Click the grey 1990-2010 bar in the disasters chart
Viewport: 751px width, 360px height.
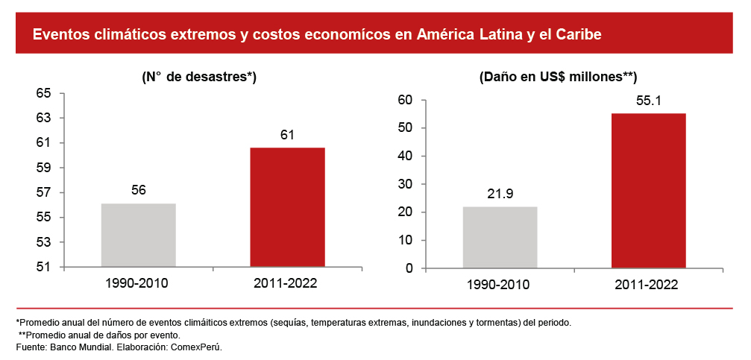139,235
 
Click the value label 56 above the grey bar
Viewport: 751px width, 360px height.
139,190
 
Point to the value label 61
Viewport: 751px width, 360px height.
287,135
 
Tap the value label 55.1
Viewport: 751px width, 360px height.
648,100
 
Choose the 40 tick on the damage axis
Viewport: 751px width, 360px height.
406,156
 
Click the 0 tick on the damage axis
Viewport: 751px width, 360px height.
409,268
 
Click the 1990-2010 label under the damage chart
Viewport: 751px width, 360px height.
500,285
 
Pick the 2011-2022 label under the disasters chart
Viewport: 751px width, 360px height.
287,284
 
